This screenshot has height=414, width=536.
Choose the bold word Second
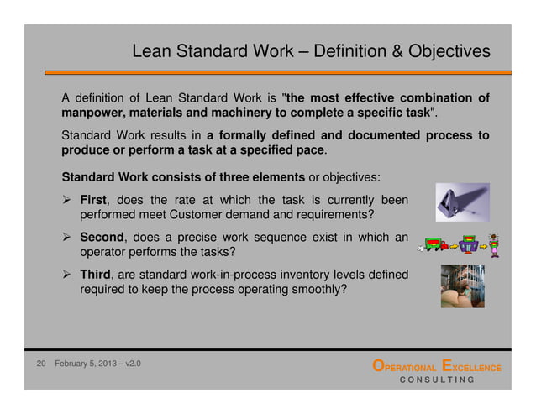click(x=104, y=238)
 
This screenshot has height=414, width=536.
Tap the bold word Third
click(x=97, y=275)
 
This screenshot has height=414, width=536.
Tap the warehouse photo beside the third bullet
click(x=463, y=286)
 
